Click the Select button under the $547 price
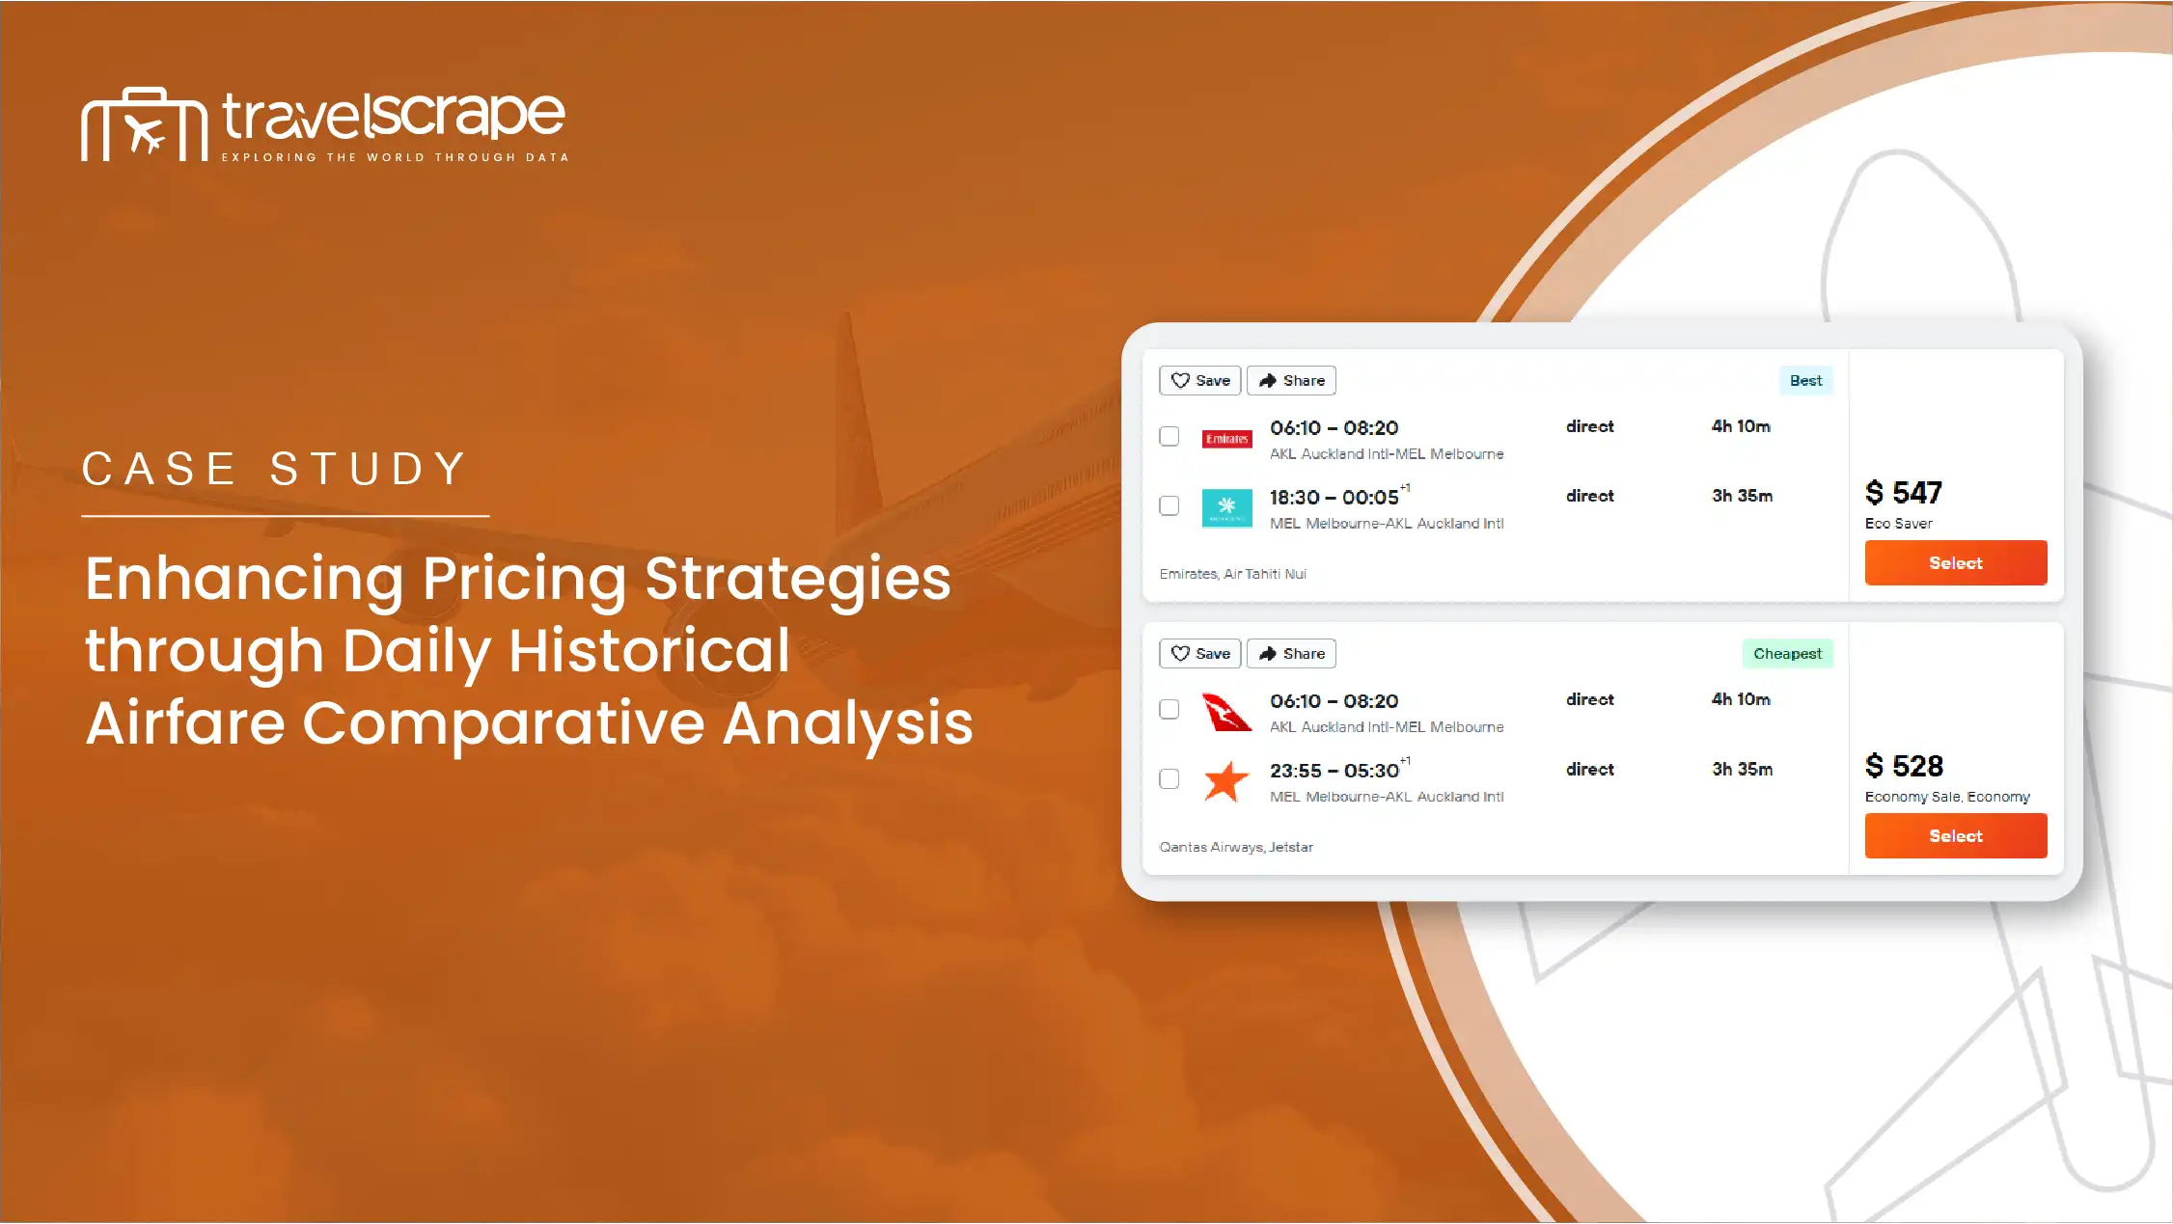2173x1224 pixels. [1955, 562]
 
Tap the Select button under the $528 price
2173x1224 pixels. [1955, 835]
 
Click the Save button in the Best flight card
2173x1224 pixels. [1199, 380]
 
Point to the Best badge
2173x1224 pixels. [1805, 380]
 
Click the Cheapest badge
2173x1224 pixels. [1787, 653]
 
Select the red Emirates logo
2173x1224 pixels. [1226, 439]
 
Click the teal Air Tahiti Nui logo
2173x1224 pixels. [1226, 507]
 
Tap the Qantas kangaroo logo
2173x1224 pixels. [1226, 712]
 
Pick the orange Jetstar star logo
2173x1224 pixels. [1226, 781]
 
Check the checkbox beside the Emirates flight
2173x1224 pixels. [1169, 436]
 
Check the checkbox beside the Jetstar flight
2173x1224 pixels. [1169, 778]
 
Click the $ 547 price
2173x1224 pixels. [1903, 493]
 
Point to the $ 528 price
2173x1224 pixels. [1904, 766]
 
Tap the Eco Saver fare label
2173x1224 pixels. [1898, 523]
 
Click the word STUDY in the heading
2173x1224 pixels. [369, 469]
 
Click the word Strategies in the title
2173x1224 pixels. [798, 579]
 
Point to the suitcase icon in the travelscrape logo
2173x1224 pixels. [145, 124]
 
